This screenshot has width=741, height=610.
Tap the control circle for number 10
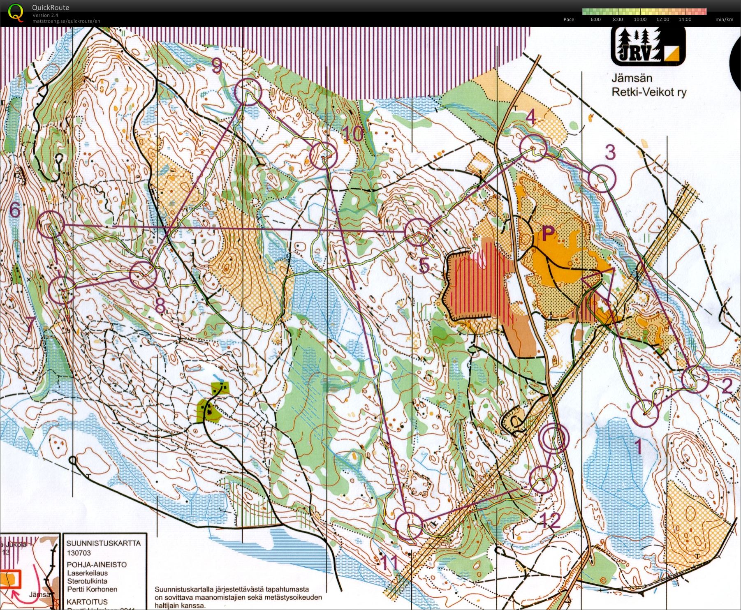(x=323, y=156)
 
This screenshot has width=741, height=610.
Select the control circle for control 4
(x=533, y=148)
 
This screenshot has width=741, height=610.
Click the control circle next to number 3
(x=602, y=178)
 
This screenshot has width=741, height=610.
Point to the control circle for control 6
(x=51, y=224)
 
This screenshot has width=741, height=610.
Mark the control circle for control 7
(x=62, y=290)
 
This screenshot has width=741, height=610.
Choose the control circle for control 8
(x=143, y=275)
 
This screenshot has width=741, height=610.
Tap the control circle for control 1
(x=644, y=414)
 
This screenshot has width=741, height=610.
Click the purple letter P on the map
(x=548, y=234)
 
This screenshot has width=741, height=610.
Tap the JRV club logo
(x=648, y=46)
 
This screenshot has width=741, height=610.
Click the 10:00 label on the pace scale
(x=640, y=19)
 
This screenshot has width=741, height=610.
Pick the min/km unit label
(x=724, y=19)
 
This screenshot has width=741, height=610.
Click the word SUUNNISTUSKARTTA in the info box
(x=103, y=543)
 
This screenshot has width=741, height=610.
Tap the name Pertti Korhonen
(x=92, y=589)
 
